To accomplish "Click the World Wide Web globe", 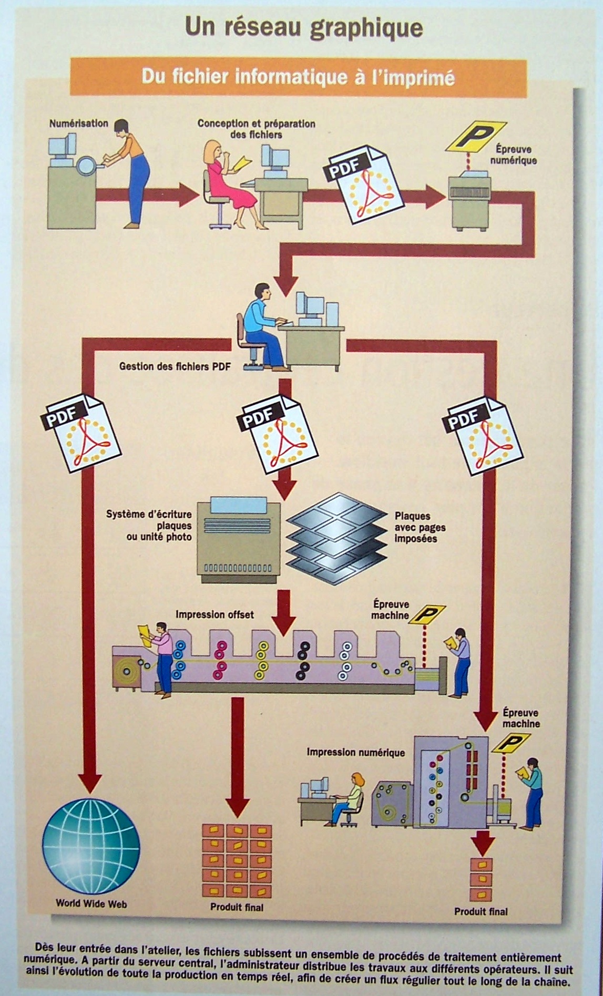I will click(x=91, y=846).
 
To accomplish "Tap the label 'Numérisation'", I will click(x=78, y=124).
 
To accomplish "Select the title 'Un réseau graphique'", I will click(x=304, y=28).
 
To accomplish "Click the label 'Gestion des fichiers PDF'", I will click(x=175, y=366).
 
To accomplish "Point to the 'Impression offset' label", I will click(x=214, y=614).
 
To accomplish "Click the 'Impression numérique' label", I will click(x=355, y=753).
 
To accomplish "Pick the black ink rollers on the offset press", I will click(x=303, y=661).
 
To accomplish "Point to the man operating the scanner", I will click(x=129, y=168).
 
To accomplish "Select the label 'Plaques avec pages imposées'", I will click(x=420, y=527).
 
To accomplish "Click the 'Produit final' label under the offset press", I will click(x=237, y=907).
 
